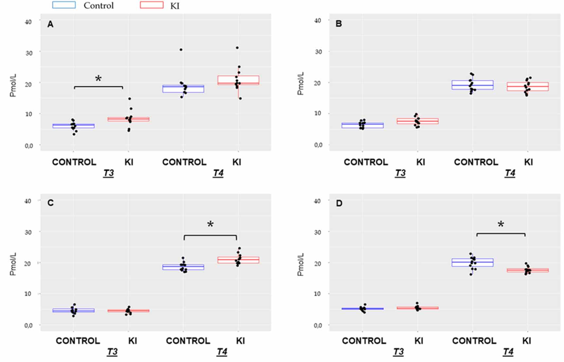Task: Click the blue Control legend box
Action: click(x=64, y=5)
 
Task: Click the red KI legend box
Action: click(x=151, y=5)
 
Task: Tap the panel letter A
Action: click(x=50, y=24)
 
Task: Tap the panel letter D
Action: click(x=339, y=203)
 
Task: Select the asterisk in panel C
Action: click(x=210, y=224)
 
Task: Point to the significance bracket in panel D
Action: click(x=501, y=234)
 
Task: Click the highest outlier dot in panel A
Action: click(x=237, y=48)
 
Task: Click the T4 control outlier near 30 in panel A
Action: click(x=181, y=50)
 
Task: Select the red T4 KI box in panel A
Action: click(x=238, y=80)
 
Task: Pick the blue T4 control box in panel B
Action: click(x=472, y=85)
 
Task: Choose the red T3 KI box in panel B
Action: click(x=417, y=121)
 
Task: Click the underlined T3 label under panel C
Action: click(x=112, y=352)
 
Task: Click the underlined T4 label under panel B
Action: click(x=510, y=173)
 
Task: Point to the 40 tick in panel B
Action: click(x=317, y=20)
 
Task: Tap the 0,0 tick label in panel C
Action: click(x=28, y=325)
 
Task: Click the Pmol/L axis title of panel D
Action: click(x=300, y=264)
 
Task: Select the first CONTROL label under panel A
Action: click(x=74, y=162)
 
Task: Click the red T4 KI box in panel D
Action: click(x=527, y=270)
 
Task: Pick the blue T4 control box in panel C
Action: click(x=183, y=267)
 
